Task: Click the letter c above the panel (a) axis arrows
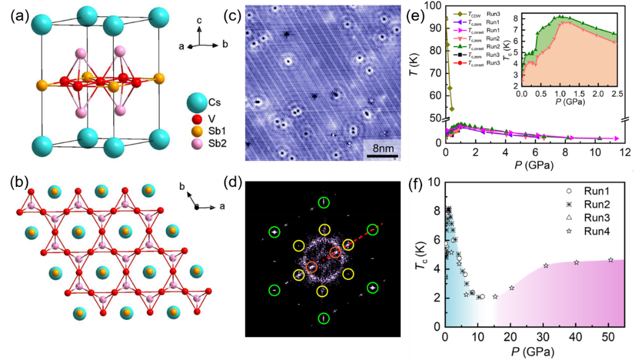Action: pos(200,21)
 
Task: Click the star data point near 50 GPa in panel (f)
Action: pos(611,260)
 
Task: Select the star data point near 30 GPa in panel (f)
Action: pos(545,266)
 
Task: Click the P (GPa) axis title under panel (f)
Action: pos(534,352)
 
